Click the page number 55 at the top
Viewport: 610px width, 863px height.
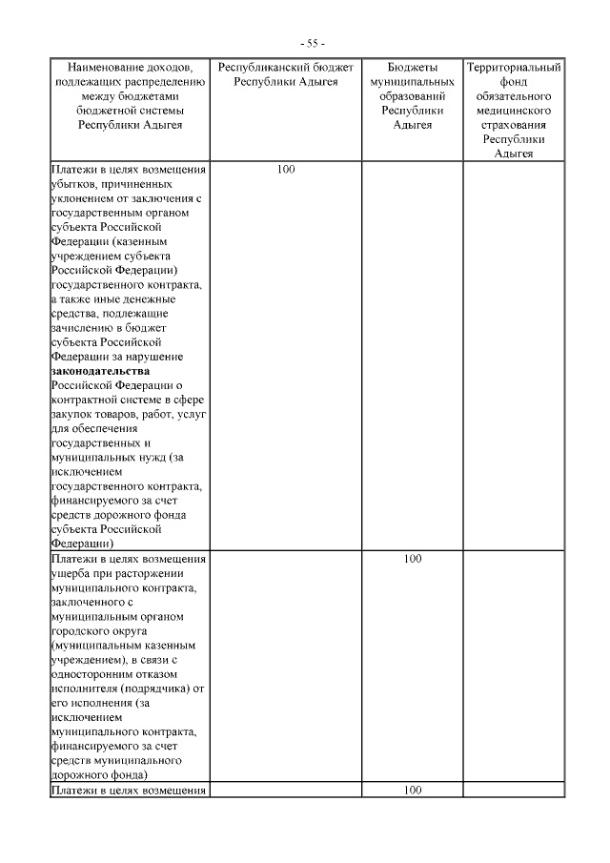click(x=312, y=44)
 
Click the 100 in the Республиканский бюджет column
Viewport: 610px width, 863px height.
click(x=286, y=170)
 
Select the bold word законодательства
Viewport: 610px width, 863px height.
click(x=100, y=370)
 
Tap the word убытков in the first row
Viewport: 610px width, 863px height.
click(x=72, y=184)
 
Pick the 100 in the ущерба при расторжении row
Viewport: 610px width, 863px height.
click(x=413, y=559)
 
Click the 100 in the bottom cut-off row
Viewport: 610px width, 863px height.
click(x=413, y=791)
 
